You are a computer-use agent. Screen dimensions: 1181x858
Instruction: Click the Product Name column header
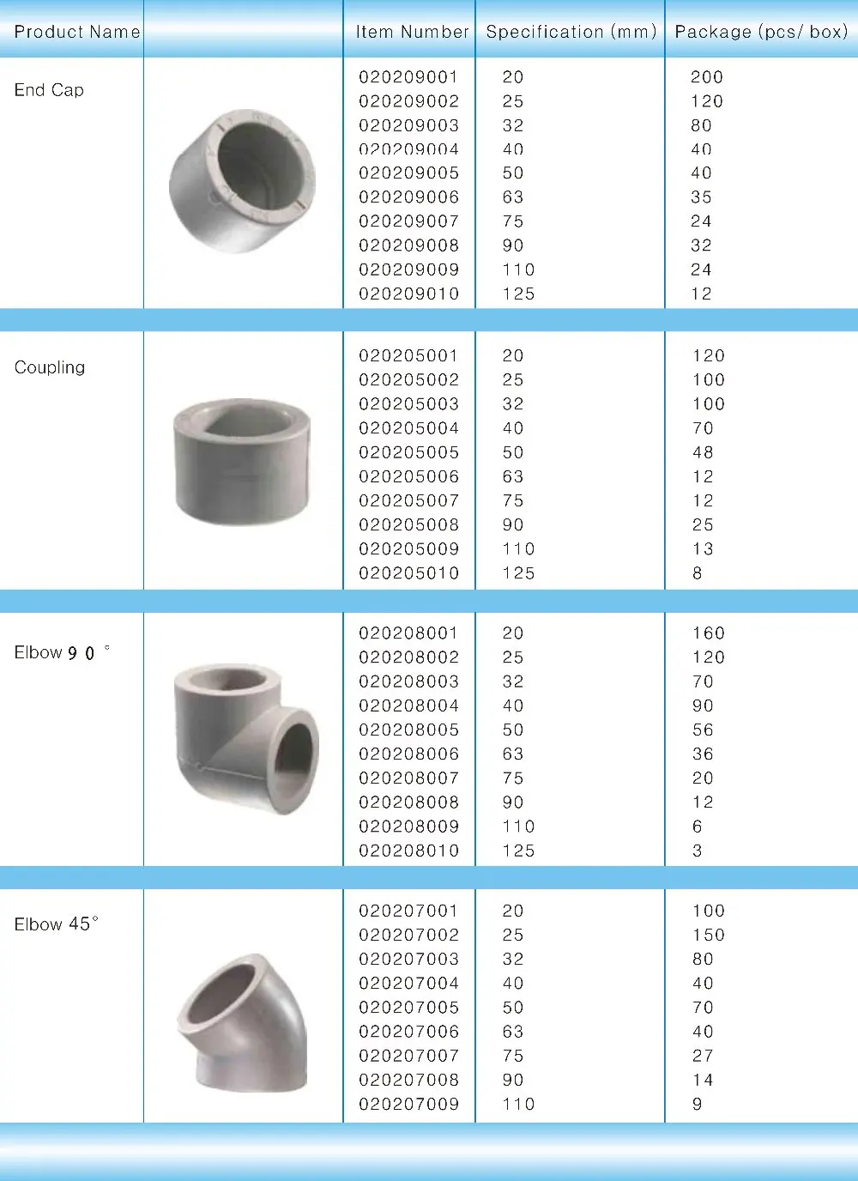tap(76, 32)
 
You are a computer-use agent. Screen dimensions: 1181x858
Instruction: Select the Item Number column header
tap(412, 32)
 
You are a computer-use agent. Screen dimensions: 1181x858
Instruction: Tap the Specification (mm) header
tap(571, 32)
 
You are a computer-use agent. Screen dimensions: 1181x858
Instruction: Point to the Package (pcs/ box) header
tap(761, 32)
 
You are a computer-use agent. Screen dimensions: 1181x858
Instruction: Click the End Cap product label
tap(49, 90)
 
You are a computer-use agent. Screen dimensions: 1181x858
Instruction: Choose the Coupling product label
tap(50, 367)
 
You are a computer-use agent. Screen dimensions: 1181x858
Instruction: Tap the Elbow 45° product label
tap(56, 924)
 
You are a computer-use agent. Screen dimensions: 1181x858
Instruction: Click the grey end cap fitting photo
tap(242, 180)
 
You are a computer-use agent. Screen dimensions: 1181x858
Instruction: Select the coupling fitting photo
tap(242, 461)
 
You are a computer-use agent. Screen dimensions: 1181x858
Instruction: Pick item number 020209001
tap(408, 77)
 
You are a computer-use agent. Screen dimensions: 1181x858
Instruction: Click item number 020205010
tap(408, 572)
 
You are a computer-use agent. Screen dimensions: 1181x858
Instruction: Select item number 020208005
tap(408, 730)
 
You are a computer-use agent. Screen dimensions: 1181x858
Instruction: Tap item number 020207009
tap(408, 1104)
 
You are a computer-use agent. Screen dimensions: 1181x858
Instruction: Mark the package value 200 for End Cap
tap(706, 77)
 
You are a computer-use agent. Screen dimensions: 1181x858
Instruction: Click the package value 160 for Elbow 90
tap(708, 633)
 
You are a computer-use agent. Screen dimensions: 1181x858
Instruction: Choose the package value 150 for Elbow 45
tap(708, 935)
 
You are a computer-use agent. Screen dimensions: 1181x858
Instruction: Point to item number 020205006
tap(408, 476)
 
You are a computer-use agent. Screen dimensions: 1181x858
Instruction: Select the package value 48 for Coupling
tap(703, 452)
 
